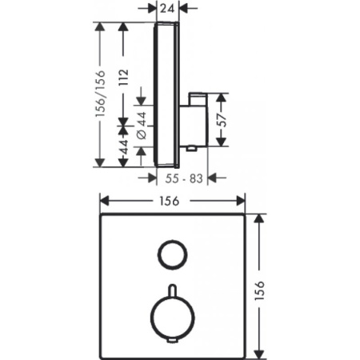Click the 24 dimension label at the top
coord(168,8)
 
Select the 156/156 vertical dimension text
coord(101,94)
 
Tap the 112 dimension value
coord(123,78)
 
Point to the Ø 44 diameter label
coord(142,126)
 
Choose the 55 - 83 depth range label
coord(184,178)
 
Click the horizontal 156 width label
coord(170,201)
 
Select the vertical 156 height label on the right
coord(259,290)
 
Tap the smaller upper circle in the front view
coord(158,254)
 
